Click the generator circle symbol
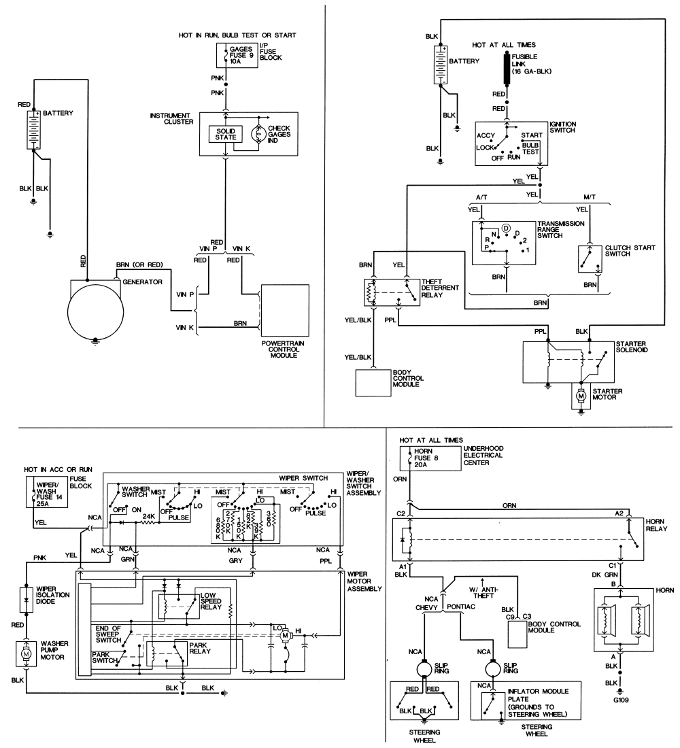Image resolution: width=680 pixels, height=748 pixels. (x=96, y=309)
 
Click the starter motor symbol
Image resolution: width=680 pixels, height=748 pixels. (x=580, y=395)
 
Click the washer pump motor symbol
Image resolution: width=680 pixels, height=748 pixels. (x=26, y=653)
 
